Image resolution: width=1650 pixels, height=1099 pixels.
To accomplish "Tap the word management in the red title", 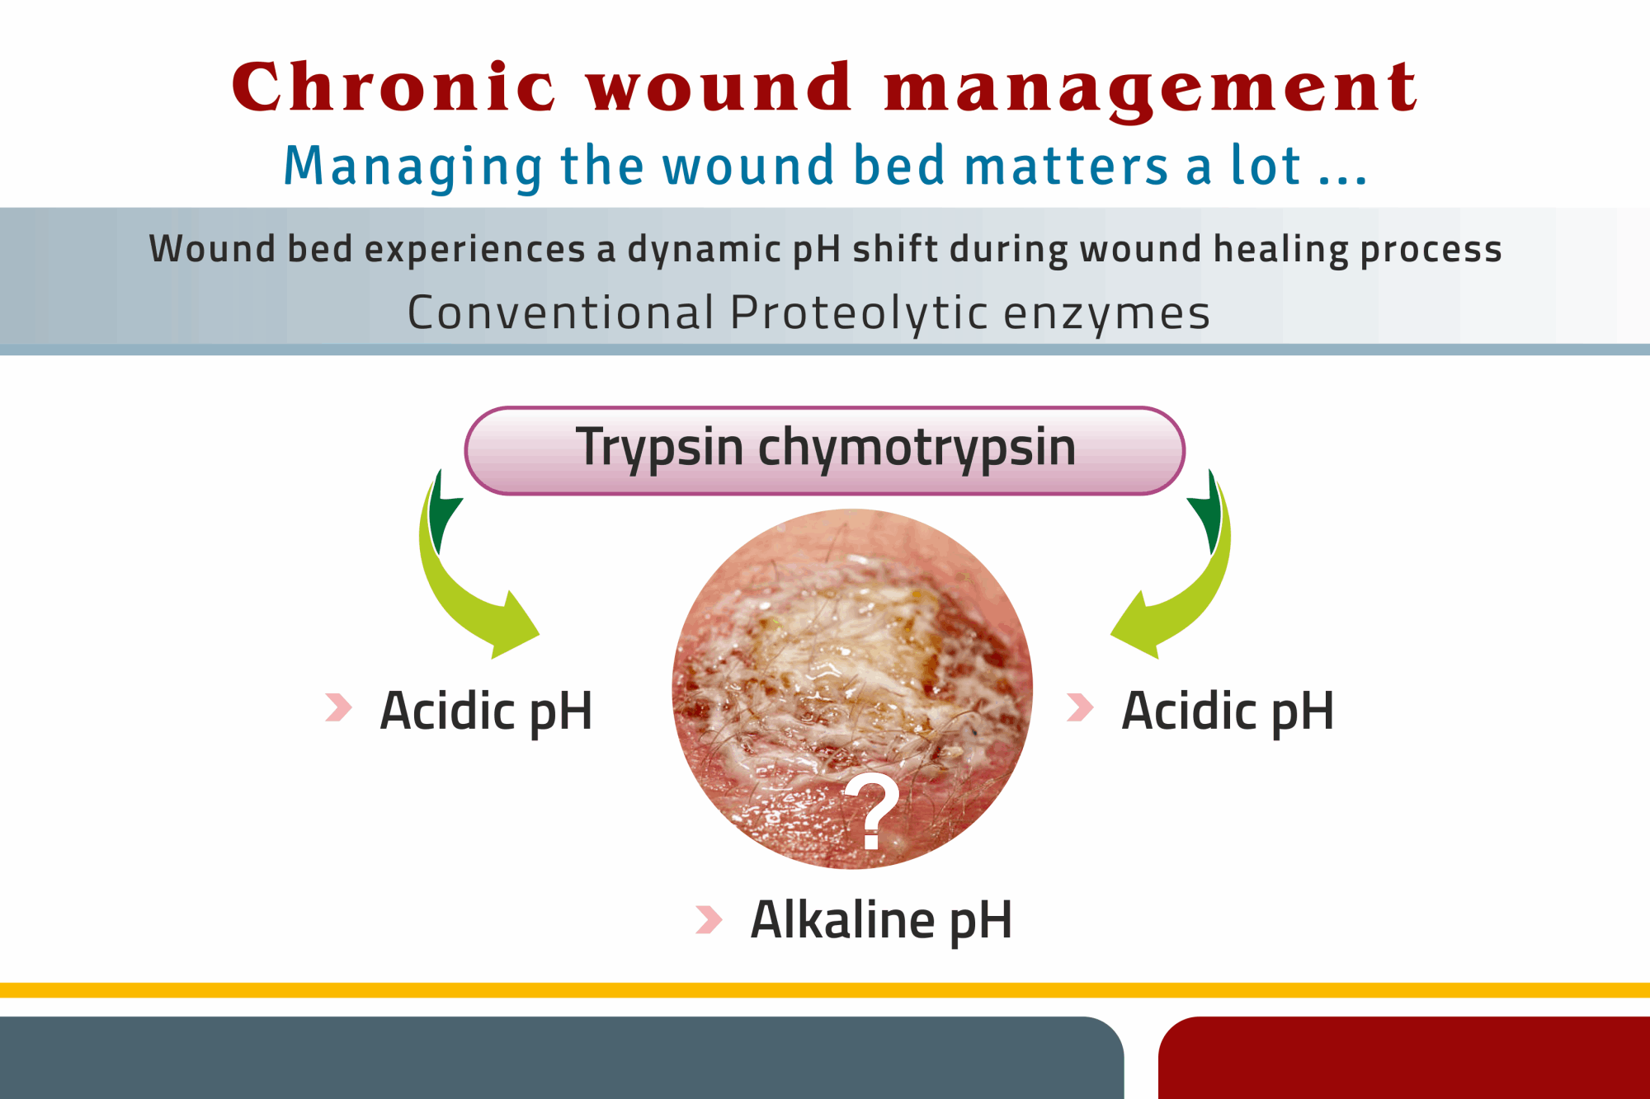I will click(1150, 89).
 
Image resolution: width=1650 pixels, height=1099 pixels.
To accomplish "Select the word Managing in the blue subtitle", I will click(412, 167).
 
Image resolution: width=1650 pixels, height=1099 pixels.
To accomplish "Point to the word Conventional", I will click(560, 313).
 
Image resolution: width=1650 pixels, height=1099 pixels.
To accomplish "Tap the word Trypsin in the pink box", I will click(659, 449).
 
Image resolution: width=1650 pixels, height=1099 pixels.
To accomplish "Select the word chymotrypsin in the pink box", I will click(917, 449).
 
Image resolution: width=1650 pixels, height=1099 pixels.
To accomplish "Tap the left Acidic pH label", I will click(486, 711).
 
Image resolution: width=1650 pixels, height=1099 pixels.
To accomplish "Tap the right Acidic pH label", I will click(1228, 711).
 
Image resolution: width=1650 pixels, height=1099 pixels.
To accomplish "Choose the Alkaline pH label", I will click(881, 920).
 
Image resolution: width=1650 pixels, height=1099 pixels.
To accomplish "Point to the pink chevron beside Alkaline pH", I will click(709, 919).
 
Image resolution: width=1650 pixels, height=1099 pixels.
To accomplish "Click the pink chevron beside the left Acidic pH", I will click(338, 707).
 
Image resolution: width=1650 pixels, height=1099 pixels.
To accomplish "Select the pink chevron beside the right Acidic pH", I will click(1080, 707).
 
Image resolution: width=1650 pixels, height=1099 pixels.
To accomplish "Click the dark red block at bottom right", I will click(1402, 1059).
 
